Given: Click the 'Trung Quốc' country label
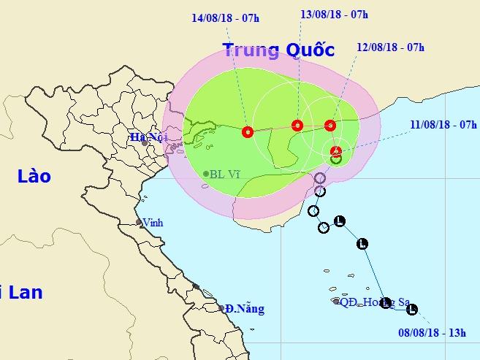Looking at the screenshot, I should coord(278,50).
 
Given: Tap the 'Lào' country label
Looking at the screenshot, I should coord(34,177).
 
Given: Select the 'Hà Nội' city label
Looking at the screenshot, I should coord(145,137).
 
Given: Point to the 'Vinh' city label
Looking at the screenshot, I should coord(152,223).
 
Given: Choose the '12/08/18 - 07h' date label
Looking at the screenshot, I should coord(391,47).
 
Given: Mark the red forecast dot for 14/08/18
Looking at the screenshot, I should coord(247,132).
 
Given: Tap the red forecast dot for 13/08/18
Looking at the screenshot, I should coord(297,125).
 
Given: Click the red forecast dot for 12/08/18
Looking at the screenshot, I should coord(329,125).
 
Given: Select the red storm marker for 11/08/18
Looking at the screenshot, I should coord(335,152).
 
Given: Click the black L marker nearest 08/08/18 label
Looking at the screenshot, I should coord(411,309).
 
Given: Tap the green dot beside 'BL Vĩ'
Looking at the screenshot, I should coord(205,174).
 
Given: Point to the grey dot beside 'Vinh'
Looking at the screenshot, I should coord(139,223).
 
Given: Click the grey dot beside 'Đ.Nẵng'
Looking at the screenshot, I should coord(221,308).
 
